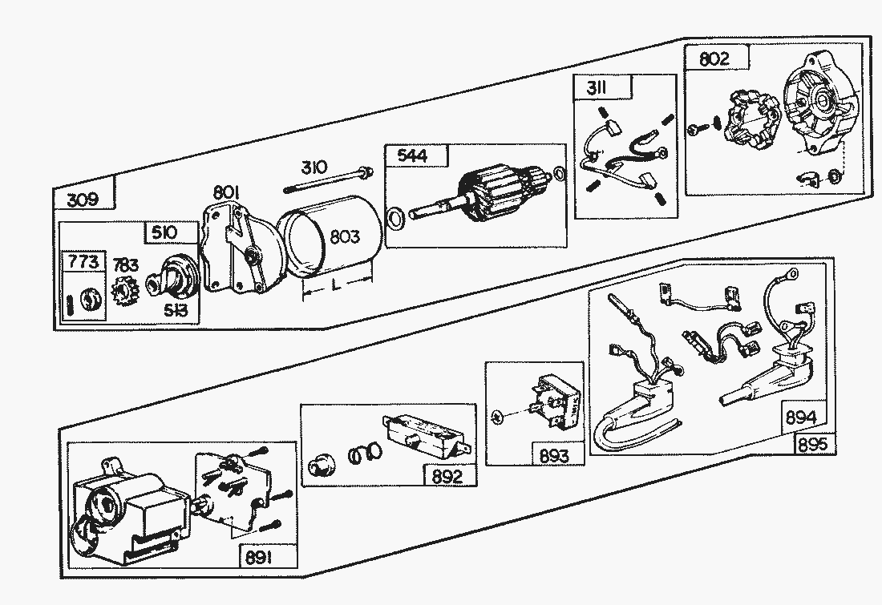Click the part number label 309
[83, 199]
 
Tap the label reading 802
[714, 58]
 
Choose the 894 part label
[801, 417]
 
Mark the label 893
[553, 456]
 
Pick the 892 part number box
[447, 476]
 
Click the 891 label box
[258, 557]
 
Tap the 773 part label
[83, 262]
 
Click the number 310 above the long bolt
[314, 167]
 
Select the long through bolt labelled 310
[329, 180]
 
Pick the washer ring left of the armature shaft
[395, 218]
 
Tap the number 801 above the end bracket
[227, 192]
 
